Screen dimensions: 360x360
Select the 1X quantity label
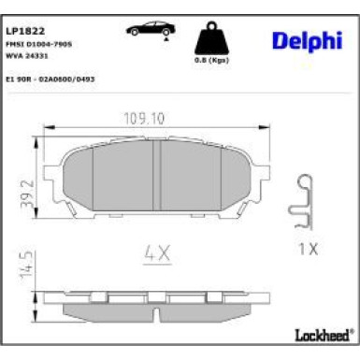tap(307, 250)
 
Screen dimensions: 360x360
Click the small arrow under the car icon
tap(166, 38)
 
